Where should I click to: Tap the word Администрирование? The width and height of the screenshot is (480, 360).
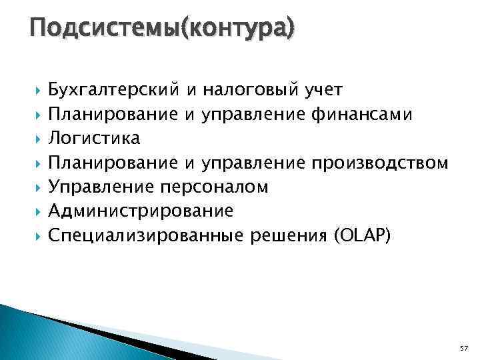click(141, 211)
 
